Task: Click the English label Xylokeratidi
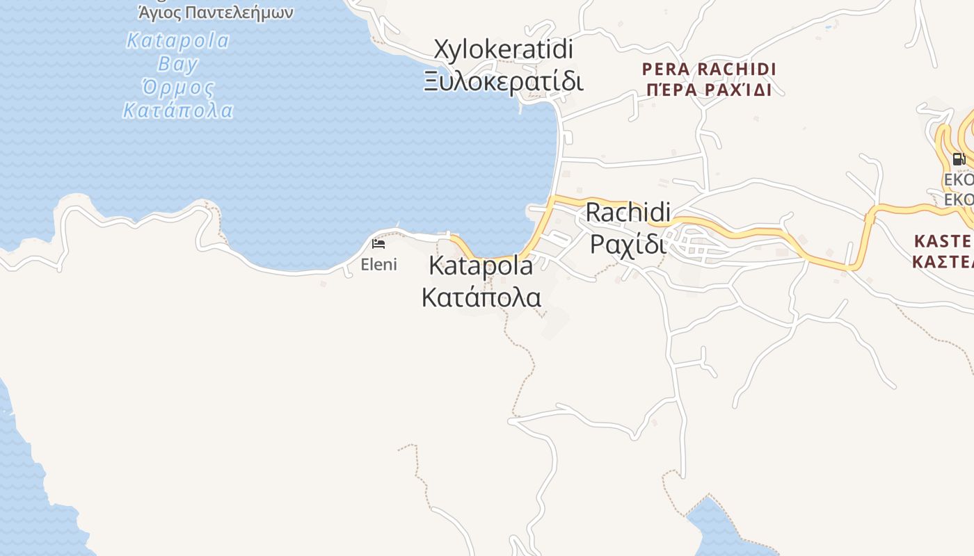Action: (503, 49)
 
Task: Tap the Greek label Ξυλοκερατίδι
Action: (503, 81)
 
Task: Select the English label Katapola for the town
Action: (481, 265)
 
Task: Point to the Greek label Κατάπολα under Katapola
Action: (481, 297)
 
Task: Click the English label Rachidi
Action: (628, 212)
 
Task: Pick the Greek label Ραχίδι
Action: (628, 243)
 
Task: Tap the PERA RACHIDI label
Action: (709, 69)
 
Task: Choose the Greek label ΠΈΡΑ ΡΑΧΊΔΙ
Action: (709, 90)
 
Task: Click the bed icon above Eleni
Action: (378, 244)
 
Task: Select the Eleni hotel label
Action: (378, 264)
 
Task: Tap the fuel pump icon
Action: (959, 159)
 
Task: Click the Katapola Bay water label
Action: (177, 40)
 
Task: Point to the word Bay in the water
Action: (177, 64)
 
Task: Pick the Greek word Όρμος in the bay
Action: (177, 88)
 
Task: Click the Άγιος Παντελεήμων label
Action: (216, 13)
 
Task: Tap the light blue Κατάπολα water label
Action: (177, 111)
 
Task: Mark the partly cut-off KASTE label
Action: (943, 241)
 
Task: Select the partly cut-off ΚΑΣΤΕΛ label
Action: (943, 261)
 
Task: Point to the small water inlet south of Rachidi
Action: (717, 528)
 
